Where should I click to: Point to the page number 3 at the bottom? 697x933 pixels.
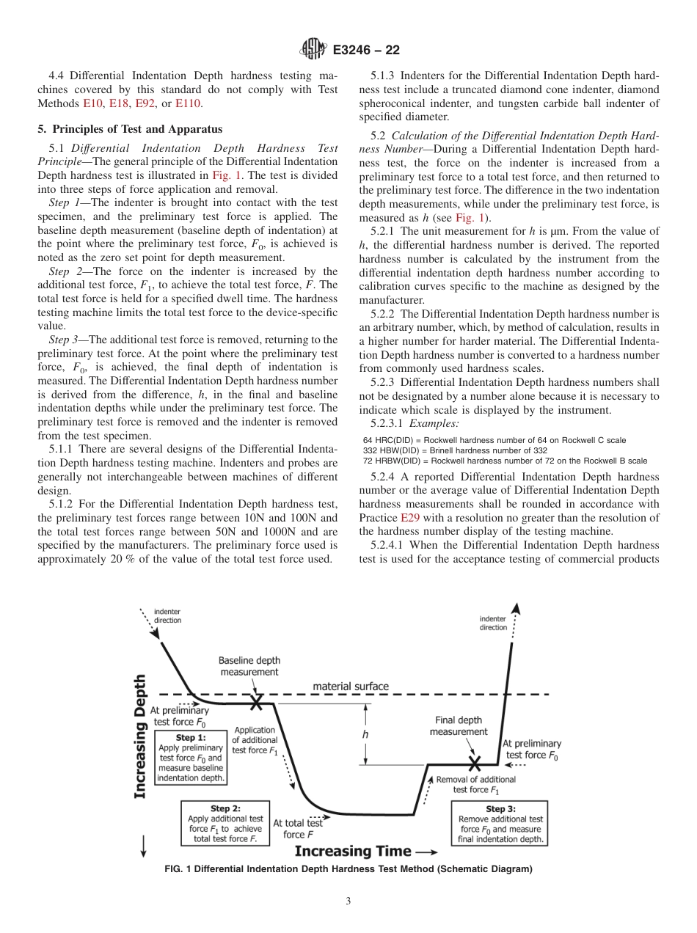point(348,901)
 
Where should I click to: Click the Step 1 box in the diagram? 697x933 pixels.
point(191,756)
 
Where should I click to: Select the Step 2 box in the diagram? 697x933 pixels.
point(225,823)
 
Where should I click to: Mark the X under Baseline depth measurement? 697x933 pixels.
point(256,703)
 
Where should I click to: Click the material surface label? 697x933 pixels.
point(350,687)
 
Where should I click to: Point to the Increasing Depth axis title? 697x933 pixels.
point(140,736)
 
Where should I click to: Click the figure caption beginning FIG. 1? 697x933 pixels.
point(348,870)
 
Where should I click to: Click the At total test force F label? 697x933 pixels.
point(298,829)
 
